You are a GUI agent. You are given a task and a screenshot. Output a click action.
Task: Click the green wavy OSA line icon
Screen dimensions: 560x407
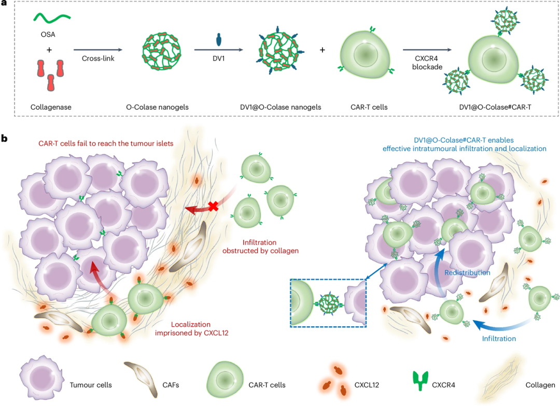click(52, 18)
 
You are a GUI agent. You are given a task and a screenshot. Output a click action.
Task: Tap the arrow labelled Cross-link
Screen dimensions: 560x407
click(98, 50)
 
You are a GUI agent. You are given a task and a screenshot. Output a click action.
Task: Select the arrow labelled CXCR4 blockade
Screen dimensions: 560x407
click(427, 50)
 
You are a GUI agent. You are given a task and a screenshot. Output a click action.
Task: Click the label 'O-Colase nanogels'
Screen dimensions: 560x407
click(157, 107)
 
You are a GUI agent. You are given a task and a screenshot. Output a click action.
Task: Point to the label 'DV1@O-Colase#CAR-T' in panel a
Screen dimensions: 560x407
click(495, 107)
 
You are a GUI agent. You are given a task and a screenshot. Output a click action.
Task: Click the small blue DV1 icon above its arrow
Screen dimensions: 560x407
click(219, 39)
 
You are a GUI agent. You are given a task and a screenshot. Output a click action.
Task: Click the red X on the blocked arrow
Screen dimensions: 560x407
click(213, 206)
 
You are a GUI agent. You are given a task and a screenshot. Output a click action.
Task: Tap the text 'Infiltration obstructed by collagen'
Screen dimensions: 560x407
click(260, 246)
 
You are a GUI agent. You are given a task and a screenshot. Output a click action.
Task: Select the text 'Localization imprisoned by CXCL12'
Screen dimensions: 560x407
click(191, 328)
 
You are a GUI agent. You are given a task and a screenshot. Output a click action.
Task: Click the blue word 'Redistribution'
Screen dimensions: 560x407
click(467, 272)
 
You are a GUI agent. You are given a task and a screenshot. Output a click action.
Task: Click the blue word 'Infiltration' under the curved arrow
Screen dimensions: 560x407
click(499, 339)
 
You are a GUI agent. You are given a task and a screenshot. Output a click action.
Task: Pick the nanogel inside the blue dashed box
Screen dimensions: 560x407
click(328, 304)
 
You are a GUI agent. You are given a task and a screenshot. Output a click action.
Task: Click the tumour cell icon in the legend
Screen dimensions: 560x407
click(42, 377)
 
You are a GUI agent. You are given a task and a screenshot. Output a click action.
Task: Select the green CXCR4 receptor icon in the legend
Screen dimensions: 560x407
click(421, 381)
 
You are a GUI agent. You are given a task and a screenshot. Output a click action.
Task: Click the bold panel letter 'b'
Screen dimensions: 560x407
click(4, 138)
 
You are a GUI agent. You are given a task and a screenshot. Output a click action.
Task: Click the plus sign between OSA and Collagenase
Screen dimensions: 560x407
click(49, 50)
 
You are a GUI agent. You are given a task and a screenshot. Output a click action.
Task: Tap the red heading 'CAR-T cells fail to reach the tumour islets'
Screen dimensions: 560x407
click(106, 143)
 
